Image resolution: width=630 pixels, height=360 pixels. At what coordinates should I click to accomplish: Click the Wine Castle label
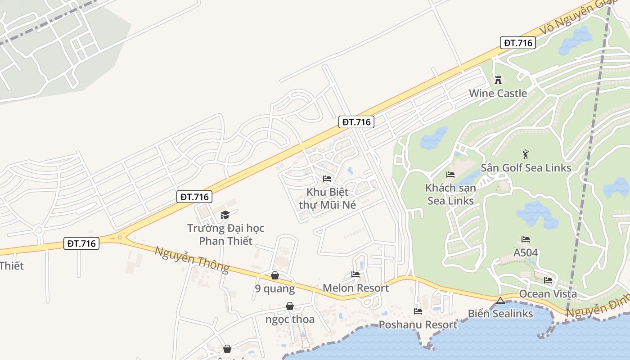498,93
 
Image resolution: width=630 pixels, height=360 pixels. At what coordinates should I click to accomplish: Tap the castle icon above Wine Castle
498,80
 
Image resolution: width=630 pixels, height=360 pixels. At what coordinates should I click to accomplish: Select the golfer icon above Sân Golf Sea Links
526,155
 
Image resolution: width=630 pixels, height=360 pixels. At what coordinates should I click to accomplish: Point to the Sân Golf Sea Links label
526,168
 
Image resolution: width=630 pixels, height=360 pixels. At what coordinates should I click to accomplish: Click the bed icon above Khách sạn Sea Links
450,174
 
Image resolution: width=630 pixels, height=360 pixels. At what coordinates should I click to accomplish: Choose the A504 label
526,252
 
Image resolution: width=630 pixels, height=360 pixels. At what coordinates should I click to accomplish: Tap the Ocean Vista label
548,294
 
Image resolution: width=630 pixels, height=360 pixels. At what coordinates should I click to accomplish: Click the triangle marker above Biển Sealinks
500,300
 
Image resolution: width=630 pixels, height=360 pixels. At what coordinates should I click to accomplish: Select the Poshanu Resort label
418,324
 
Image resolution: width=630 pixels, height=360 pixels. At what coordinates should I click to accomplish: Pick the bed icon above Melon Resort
355,274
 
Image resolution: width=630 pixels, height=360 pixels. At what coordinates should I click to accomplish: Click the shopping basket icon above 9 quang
275,275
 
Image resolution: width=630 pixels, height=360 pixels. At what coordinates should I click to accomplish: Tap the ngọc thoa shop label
290,319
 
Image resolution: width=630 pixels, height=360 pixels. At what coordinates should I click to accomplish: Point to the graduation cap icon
225,215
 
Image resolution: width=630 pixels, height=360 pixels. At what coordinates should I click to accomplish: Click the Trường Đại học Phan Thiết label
225,234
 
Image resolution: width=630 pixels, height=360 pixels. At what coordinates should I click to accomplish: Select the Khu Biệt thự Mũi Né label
327,198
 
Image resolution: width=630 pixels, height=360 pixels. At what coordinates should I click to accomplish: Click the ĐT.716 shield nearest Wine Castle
518,43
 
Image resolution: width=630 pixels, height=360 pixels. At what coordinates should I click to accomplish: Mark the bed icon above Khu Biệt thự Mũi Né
327,179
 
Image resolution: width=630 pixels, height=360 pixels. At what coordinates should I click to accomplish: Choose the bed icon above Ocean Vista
548,280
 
